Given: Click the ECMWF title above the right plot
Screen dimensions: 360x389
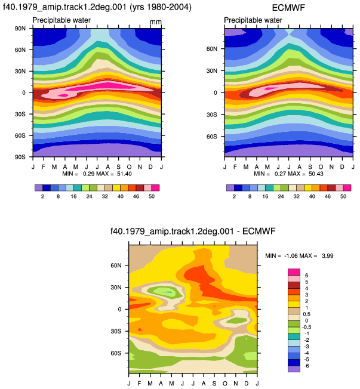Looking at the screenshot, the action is click(288, 8).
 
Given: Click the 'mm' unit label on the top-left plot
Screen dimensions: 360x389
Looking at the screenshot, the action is click(156, 22).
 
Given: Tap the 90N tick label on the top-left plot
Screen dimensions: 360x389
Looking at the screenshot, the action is click(20, 29).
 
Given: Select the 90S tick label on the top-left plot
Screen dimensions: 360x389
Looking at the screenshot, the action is click(20, 157).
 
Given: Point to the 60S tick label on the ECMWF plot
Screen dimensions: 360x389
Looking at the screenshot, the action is click(212, 137).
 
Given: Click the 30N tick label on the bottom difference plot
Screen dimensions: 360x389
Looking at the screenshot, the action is click(116, 288).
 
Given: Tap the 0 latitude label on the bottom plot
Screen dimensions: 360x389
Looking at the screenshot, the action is click(119, 310).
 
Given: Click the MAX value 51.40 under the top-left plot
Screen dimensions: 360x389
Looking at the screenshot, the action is click(124, 174).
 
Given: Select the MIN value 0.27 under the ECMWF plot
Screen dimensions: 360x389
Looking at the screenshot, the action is click(281, 174).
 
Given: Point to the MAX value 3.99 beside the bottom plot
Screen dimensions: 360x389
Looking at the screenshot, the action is click(328, 256).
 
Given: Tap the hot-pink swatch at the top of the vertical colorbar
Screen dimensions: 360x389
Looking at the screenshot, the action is click(294, 272).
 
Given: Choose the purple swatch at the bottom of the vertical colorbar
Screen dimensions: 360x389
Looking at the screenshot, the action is click(294, 369).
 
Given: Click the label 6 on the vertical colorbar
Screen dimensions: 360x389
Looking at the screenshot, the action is click(307, 276).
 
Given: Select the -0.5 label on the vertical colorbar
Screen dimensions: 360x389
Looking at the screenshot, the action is click(307, 327).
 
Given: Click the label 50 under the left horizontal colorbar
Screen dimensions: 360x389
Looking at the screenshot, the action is click(152, 196).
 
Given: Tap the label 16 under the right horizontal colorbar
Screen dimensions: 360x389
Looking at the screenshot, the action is click(265, 196).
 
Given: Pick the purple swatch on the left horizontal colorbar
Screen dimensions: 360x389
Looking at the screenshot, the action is click(39, 188).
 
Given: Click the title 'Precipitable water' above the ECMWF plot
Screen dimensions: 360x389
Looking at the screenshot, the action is click(253, 20).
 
